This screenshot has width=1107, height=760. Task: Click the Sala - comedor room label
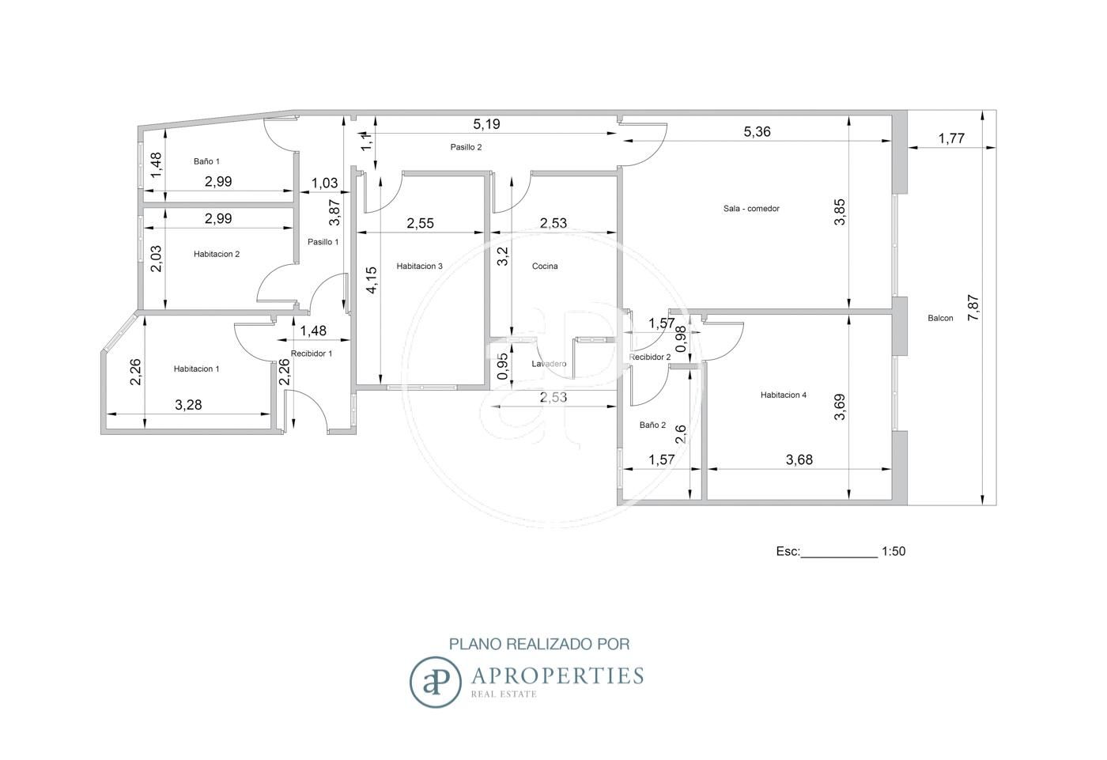click(751, 209)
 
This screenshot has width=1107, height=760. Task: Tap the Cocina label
click(545, 266)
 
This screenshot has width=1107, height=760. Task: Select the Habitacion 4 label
click(784, 395)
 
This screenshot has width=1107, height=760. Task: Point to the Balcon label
click(940, 318)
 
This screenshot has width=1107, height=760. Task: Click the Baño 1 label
click(206, 161)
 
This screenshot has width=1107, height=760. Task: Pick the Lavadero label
click(549, 364)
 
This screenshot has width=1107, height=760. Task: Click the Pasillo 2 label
click(466, 147)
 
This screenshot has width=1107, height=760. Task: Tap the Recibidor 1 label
click(312, 354)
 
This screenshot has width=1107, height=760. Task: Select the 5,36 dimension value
click(758, 131)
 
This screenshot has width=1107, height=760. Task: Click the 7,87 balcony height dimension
click(973, 308)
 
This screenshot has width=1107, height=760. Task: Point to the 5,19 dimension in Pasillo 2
click(487, 124)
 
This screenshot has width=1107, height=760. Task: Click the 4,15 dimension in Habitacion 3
click(372, 280)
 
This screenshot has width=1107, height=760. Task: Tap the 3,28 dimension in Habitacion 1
click(188, 405)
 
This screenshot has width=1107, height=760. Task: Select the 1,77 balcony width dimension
click(951, 138)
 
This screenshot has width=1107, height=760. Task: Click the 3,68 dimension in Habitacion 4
click(799, 460)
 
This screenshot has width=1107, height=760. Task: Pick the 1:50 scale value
click(894, 551)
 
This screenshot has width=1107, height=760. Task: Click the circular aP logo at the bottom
click(436, 682)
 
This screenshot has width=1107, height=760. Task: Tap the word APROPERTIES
click(557, 675)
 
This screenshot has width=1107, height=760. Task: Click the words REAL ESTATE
click(504, 694)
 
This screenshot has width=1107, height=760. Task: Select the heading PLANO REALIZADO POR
click(539, 644)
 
